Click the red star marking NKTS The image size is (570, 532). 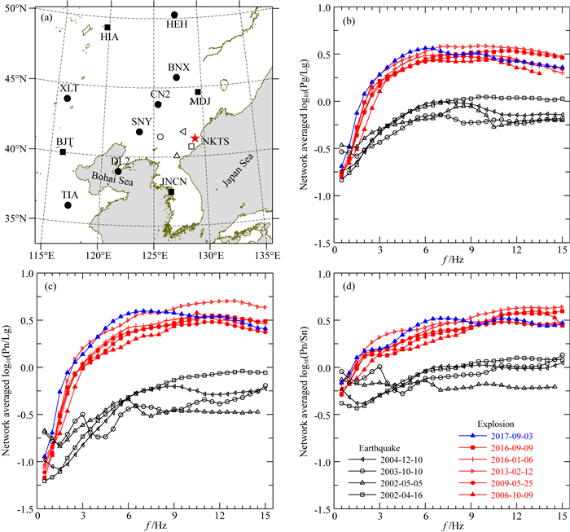(x=195, y=138)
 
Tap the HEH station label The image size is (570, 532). (x=177, y=24)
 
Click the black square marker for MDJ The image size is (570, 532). (x=198, y=92)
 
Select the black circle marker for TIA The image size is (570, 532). (x=68, y=205)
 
